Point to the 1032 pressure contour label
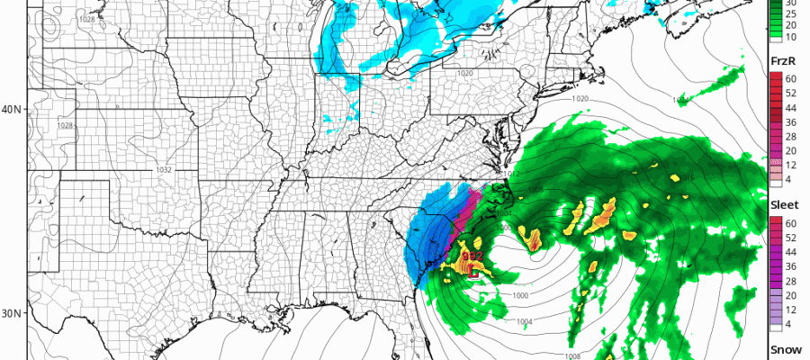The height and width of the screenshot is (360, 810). [x=163, y=169]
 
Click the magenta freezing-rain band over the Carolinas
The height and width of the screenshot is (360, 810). [x=465, y=211]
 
